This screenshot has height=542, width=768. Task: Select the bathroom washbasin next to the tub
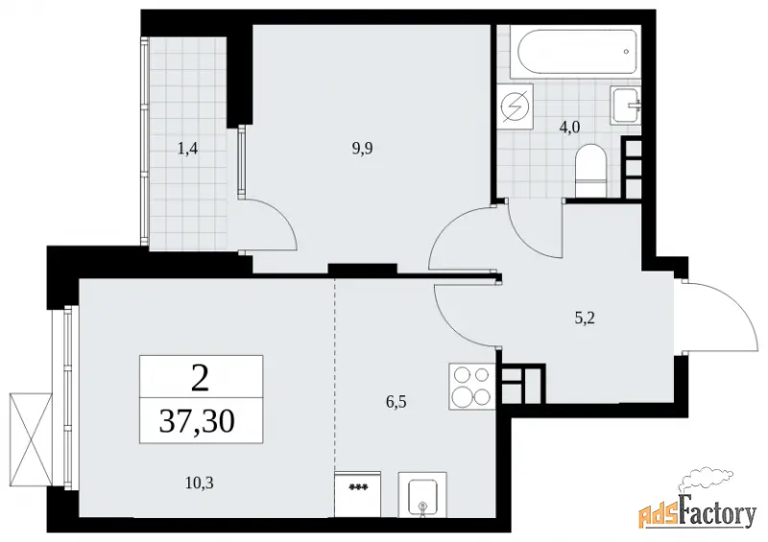pyautogui.click(x=626, y=105)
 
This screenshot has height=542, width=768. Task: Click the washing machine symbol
pyautogui.click(x=515, y=106)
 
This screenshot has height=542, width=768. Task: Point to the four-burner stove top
pyautogui.click(x=471, y=386)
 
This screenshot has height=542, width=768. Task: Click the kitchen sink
pyautogui.click(x=422, y=494)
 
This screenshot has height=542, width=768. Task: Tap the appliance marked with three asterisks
pyautogui.click(x=357, y=494)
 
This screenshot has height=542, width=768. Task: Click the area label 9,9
pyautogui.click(x=362, y=148)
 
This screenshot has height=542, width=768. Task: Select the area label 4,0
pyautogui.click(x=569, y=128)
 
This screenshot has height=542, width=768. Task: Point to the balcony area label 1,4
pyautogui.click(x=187, y=148)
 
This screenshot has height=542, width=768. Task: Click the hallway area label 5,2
pyautogui.click(x=585, y=318)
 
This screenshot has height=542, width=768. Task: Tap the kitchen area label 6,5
pyautogui.click(x=396, y=403)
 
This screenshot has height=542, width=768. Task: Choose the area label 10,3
pyautogui.click(x=200, y=483)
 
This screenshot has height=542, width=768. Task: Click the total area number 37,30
pyautogui.click(x=197, y=421)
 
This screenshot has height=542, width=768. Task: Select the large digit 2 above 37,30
pyautogui.click(x=200, y=378)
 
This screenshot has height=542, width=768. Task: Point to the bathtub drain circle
pyautogui.click(x=626, y=51)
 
